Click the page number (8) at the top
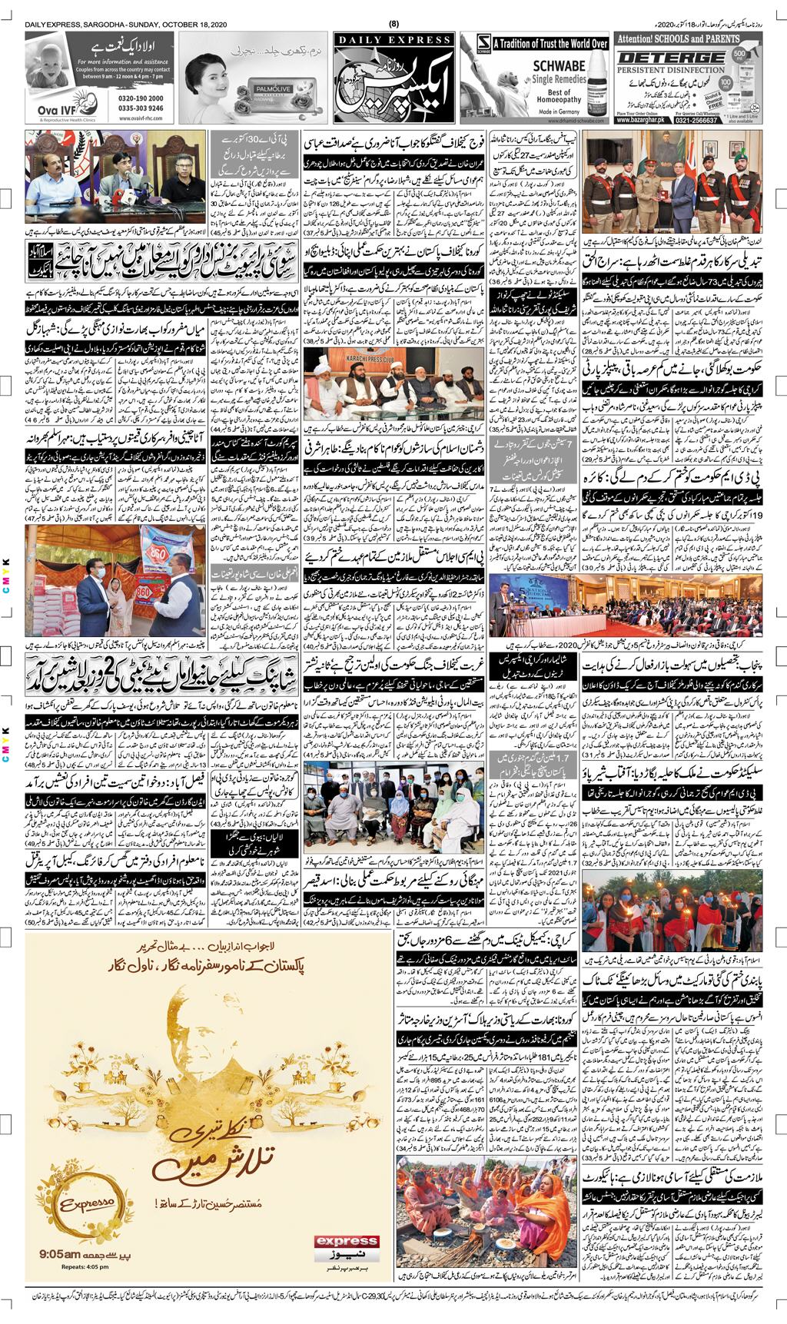coord(393,25)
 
